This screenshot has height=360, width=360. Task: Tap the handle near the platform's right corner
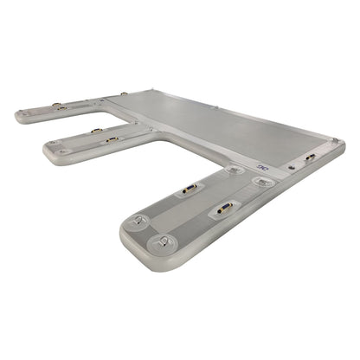coord(311,159)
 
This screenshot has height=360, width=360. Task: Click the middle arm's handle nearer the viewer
coord(110,138)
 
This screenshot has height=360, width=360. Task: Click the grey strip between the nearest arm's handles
coord(205,198)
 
